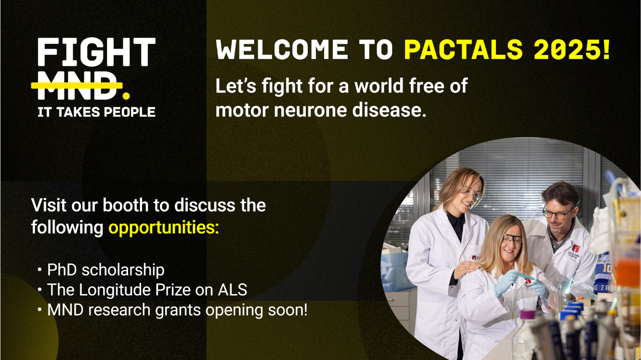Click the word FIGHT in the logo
click(x=96, y=52)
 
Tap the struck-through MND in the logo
click(x=77, y=86)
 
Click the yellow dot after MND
click(x=126, y=95)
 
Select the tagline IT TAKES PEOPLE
click(x=96, y=112)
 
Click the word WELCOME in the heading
click(x=282, y=50)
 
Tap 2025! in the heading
click(x=572, y=50)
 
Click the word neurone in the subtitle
click(x=311, y=110)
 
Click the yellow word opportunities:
click(x=164, y=228)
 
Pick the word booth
click(x=125, y=205)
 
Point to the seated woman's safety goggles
click(x=512, y=239)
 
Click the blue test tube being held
click(x=523, y=276)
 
